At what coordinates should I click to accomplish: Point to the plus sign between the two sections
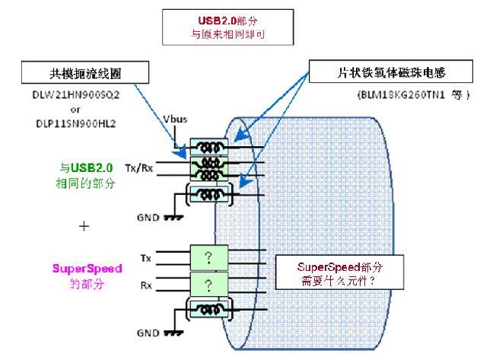point(84,226)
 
